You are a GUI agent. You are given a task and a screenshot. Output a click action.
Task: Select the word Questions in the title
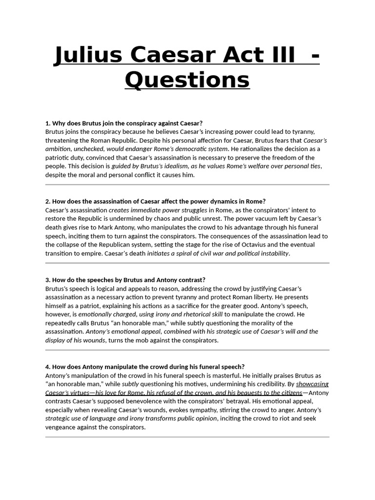pyautogui.click(x=187, y=80)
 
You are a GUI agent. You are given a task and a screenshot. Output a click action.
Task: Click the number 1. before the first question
pyautogui.click(x=48, y=123)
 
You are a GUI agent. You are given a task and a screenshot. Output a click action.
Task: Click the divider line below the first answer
pyautogui.click(x=187, y=185)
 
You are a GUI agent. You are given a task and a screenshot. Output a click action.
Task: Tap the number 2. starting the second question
pyautogui.click(x=48, y=201)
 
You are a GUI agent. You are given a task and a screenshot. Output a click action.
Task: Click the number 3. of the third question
pyautogui.click(x=48, y=280)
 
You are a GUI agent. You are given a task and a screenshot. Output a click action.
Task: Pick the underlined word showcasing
pyautogui.click(x=312, y=384)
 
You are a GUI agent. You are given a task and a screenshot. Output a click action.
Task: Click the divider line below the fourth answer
pyautogui.click(x=187, y=437)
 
